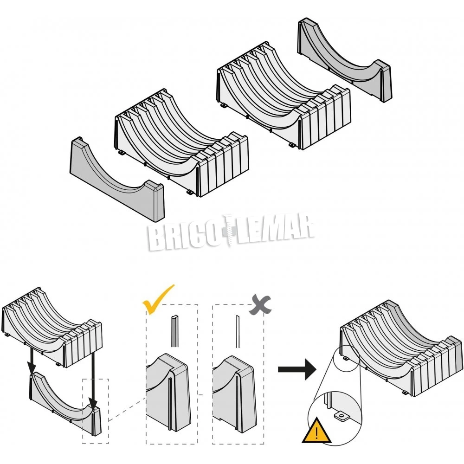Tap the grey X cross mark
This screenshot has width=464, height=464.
(259, 304)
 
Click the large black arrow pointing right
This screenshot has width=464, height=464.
(296, 370)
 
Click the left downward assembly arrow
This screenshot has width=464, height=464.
(31, 362)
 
